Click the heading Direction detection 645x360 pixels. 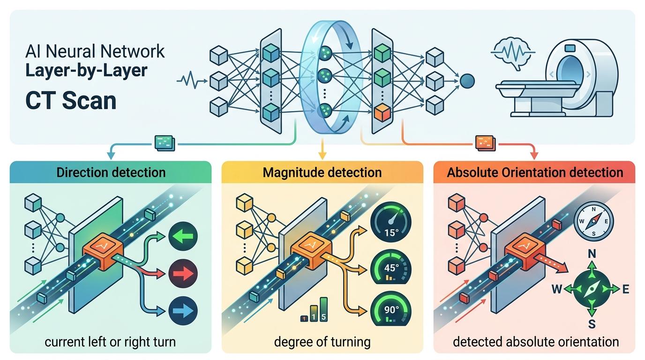tap(111, 172)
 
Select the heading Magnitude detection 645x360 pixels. tap(322, 172)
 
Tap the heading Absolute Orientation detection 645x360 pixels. tap(535, 172)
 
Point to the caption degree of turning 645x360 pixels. tap(322, 342)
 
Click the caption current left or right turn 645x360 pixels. tap(110, 342)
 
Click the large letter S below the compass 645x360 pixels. tap(592, 323)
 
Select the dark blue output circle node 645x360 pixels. tap(468, 81)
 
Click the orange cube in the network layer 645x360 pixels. tap(382, 113)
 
